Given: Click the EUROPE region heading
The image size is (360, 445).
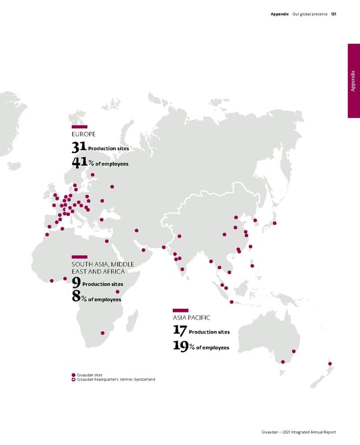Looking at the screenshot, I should [83, 134].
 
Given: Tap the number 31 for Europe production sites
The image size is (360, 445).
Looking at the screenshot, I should [79, 147].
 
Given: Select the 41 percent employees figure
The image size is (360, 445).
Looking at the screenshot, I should [79, 163].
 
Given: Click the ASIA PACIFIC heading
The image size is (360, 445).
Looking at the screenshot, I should [191, 317].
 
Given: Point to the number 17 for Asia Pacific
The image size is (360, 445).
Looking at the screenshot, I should [179, 330].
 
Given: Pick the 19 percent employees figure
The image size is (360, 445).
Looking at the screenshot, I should [179, 347].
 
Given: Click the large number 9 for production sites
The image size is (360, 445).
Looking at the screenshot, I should [76, 282].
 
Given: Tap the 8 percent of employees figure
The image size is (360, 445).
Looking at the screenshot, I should [76, 297].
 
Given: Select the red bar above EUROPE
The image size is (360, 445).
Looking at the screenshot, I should [79, 127].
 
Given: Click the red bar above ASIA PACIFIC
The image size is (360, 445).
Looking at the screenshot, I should [181, 310].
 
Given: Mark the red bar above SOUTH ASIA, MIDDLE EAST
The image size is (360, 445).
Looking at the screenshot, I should [79, 257].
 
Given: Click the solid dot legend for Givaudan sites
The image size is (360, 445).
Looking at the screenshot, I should [74, 375].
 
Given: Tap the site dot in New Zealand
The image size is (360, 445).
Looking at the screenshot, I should [329, 363].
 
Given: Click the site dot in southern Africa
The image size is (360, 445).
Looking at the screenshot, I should [102, 333].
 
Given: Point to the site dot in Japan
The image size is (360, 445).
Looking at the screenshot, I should [274, 223].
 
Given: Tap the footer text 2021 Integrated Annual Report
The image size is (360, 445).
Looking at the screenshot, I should [311, 432].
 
